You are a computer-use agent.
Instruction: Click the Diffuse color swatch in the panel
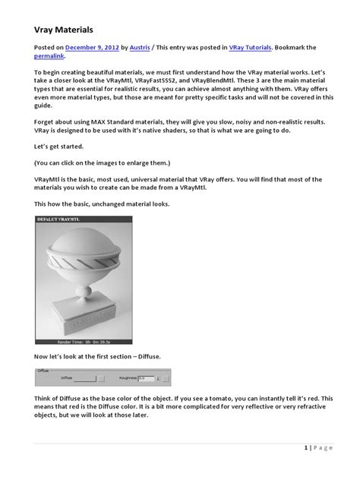pyautogui.click(x=84, y=377)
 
